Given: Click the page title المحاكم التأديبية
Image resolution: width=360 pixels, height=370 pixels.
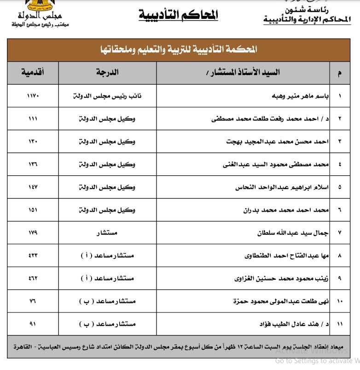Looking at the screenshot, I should coord(178,15).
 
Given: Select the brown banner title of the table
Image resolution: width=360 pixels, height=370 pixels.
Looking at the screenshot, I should coord(179,49).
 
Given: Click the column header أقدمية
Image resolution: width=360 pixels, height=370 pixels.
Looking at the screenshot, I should coord(33,73).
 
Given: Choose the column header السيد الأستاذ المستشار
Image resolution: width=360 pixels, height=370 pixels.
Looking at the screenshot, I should coord(242,73).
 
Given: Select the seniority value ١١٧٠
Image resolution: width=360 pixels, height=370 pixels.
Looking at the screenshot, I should coord(33,97).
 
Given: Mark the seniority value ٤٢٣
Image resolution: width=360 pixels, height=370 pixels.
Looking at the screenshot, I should coord(33,255).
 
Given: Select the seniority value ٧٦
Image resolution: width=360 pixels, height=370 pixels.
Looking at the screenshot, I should coord(33,301).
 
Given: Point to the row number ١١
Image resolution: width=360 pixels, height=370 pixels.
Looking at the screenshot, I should coord(340,324).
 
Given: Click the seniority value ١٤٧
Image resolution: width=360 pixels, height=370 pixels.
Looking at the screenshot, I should coord(33,188).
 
